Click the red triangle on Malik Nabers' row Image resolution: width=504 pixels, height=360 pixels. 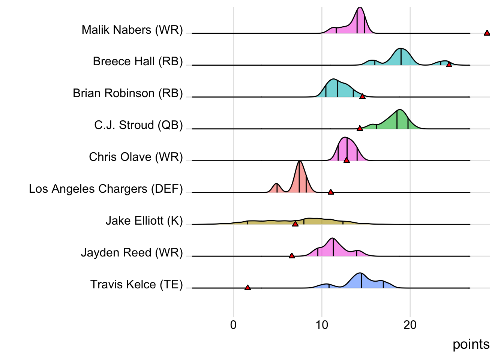click(x=487, y=33)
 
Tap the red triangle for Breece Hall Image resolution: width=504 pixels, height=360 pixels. click(x=449, y=65)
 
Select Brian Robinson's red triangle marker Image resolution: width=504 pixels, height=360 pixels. click(x=362, y=97)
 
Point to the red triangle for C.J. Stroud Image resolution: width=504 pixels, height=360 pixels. click(x=360, y=129)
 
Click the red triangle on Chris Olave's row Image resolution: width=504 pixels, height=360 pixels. click(x=346, y=160)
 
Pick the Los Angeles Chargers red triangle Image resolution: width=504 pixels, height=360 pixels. click(x=330, y=192)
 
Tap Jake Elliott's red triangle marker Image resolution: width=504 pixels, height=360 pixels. click(x=295, y=224)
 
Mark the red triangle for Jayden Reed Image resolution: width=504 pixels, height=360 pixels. click(x=292, y=256)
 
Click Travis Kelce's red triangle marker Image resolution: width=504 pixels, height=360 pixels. click(x=247, y=288)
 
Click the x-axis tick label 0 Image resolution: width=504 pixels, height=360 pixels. click(x=233, y=325)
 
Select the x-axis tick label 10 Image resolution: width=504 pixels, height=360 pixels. click(x=322, y=325)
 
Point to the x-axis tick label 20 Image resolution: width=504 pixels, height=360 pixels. click(x=410, y=325)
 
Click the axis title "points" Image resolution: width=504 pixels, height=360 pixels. click(x=471, y=344)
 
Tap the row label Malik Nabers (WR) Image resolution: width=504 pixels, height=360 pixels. click(x=132, y=30)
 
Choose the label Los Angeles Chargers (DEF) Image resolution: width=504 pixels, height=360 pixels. click(x=106, y=189)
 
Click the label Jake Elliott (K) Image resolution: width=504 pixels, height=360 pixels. click(x=144, y=221)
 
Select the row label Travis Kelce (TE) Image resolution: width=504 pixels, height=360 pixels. click(x=136, y=285)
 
